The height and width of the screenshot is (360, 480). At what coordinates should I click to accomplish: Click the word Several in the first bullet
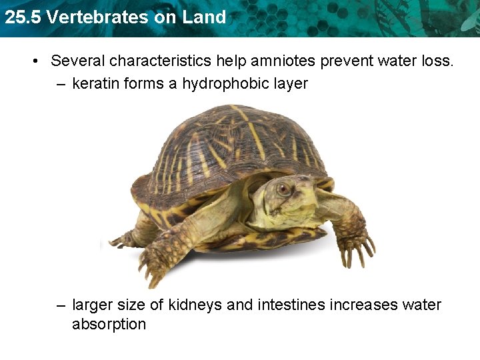click(78, 61)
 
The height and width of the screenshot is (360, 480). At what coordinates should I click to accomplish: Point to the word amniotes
click(283, 61)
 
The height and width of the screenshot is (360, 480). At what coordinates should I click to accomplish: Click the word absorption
click(109, 324)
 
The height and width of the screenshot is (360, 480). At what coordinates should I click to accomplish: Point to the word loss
click(437, 61)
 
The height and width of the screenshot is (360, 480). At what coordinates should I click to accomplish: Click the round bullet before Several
click(33, 61)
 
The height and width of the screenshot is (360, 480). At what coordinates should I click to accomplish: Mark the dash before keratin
click(61, 84)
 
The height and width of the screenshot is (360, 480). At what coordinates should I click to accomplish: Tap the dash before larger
click(61, 305)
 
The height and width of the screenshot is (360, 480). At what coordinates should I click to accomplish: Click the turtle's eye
click(284, 189)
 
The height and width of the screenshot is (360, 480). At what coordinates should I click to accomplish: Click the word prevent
click(351, 61)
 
